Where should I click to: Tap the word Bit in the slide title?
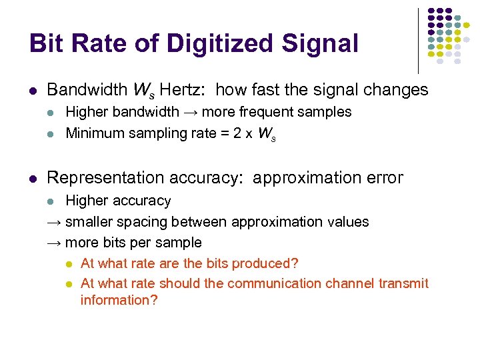(46, 44)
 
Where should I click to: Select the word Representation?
(104, 178)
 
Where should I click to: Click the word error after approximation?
(379, 178)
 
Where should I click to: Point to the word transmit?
(403, 283)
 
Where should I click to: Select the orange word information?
(119, 300)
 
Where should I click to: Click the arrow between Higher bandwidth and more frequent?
(190, 112)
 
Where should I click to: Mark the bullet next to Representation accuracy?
(33, 178)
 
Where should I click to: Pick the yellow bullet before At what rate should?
(69, 284)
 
